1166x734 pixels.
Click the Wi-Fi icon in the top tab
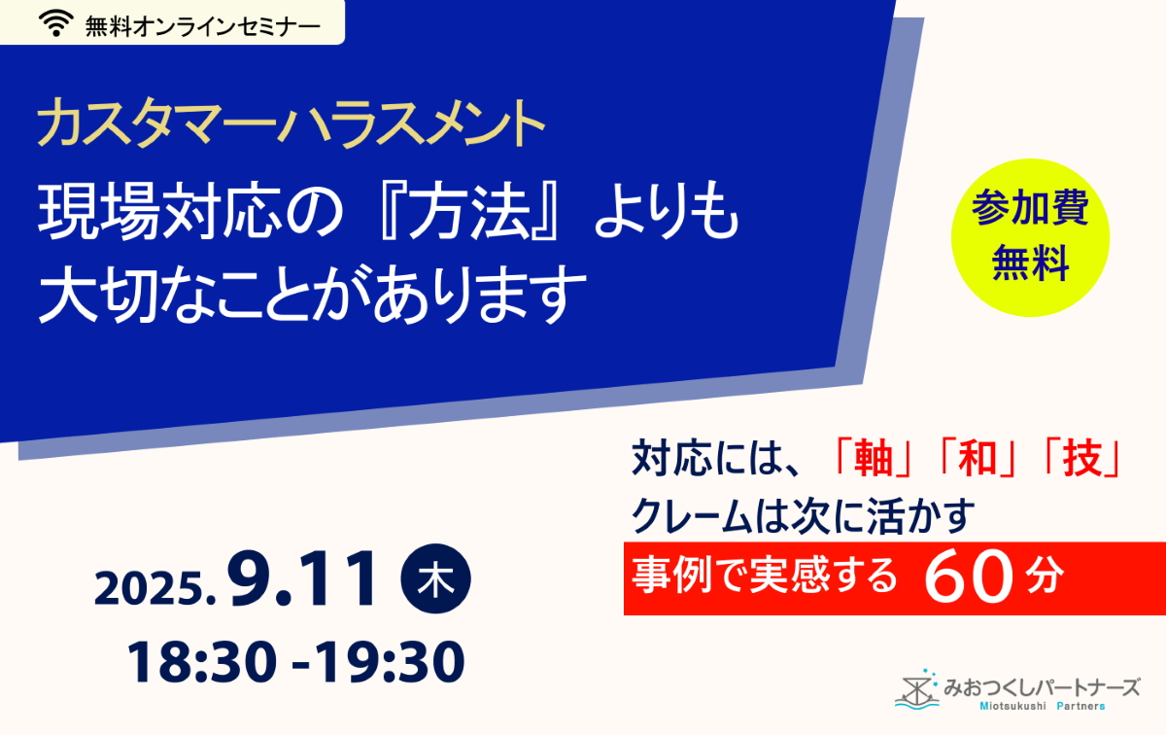[56, 23]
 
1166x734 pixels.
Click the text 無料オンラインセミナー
[202, 26]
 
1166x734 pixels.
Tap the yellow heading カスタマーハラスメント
[291, 123]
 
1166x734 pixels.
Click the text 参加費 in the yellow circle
[1030, 208]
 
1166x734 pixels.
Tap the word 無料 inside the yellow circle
[1030, 262]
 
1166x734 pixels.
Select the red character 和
[978, 460]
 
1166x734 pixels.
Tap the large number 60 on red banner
[969, 578]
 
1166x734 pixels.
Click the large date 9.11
[302, 578]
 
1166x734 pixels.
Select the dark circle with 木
[435, 578]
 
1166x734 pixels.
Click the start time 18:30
[202, 662]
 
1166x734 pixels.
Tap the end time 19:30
[391, 662]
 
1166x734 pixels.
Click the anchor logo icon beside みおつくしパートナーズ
[917, 689]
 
